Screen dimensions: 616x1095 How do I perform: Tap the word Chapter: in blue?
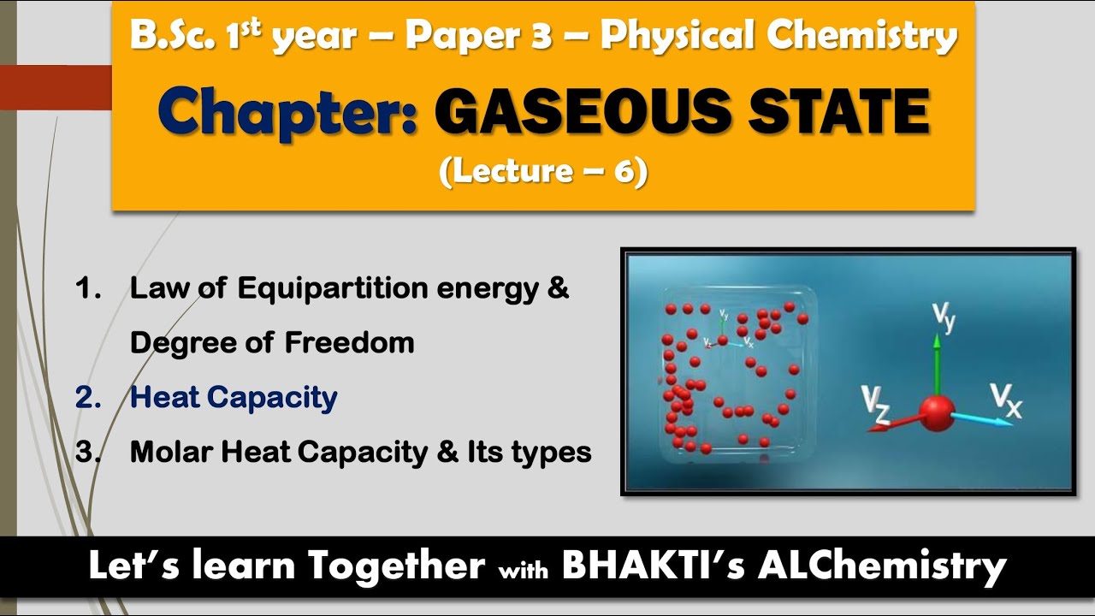point(288,114)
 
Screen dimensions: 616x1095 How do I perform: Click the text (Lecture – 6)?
point(543,171)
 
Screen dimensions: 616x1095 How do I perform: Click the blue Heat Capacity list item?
point(234,397)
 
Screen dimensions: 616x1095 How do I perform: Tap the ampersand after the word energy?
point(558,288)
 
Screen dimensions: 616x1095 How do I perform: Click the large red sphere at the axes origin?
point(938,414)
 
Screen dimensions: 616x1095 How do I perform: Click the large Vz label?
point(876,404)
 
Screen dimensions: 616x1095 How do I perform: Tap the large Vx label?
point(1006,400)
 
